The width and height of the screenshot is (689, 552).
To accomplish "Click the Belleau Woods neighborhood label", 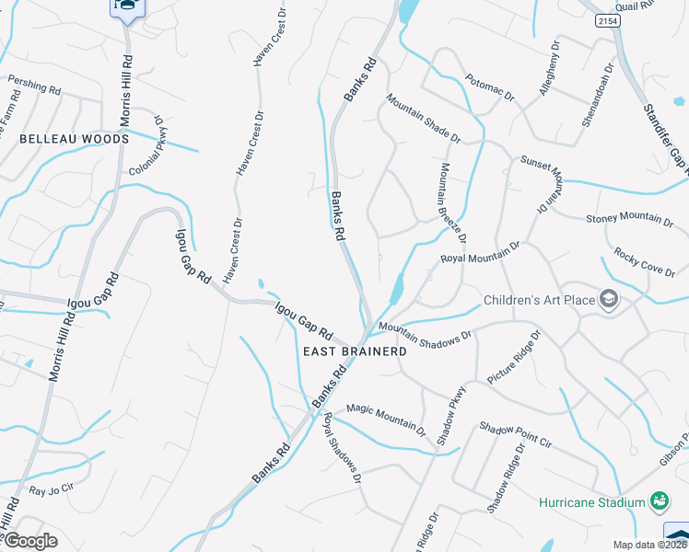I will coord(74,139).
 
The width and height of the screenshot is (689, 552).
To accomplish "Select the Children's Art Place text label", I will coord(539,300).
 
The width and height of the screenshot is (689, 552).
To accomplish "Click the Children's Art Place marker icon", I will coord(608,299).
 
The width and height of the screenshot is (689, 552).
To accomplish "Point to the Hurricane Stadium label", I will coord(591,502).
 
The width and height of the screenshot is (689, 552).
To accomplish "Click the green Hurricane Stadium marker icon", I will coord(660,501).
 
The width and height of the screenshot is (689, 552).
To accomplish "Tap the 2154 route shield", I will coord(606,20).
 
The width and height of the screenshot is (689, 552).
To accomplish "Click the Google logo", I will coord(29,541).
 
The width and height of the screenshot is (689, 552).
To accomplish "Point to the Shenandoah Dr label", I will coord(598,96).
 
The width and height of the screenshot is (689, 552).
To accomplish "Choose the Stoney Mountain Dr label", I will coord(630,218).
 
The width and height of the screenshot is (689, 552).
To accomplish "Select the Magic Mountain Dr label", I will coord(386,418).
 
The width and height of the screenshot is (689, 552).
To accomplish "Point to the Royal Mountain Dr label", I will coord(480,252).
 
